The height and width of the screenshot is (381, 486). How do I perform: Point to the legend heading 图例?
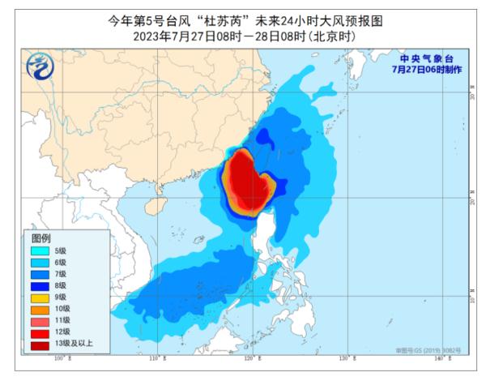(41, 238)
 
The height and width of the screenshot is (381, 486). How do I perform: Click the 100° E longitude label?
(58, 357)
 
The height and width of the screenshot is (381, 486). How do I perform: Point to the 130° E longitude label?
(345, 357)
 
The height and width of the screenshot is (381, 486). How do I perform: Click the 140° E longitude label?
(440, 357)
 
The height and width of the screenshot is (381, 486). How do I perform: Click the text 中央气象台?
(426, 59)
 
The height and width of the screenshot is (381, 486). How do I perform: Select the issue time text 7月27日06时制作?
(426, 70)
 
